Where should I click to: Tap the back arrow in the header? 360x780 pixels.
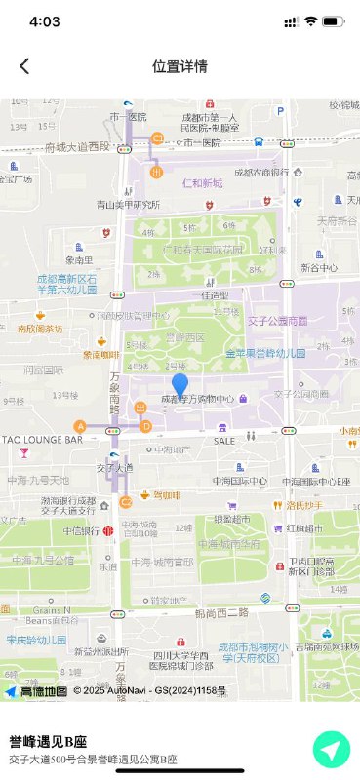pyautogui.click(x=24, y=66)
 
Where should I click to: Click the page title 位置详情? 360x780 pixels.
pyautogui.click(x=180, y=66)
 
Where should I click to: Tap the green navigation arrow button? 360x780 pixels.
pyautogui.click(x=331, y=750)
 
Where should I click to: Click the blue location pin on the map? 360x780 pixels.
pyautogui.click(x=180, y=385)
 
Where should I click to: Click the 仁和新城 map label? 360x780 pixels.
pyautogui.click(x=202, y=182)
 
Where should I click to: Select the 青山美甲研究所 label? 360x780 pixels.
pyautogui.click(x=127, y=205)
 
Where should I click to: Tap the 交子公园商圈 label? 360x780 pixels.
pyautogui.click(x=277, y=320)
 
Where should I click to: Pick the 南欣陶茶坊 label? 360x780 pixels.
pyautogui.click(x=39, y=329)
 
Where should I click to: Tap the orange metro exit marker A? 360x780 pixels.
pyautogui.click(x=80, y=426)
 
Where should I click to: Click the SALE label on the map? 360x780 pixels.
pyautogui.click(x=224, y=441)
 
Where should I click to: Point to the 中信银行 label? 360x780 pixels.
pyautogui.click(x=82, y=531)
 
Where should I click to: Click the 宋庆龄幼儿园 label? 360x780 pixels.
pyautogui.click(x=35, y=641)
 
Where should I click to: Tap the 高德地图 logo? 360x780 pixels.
pyautogui.click(x=36, y=691)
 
